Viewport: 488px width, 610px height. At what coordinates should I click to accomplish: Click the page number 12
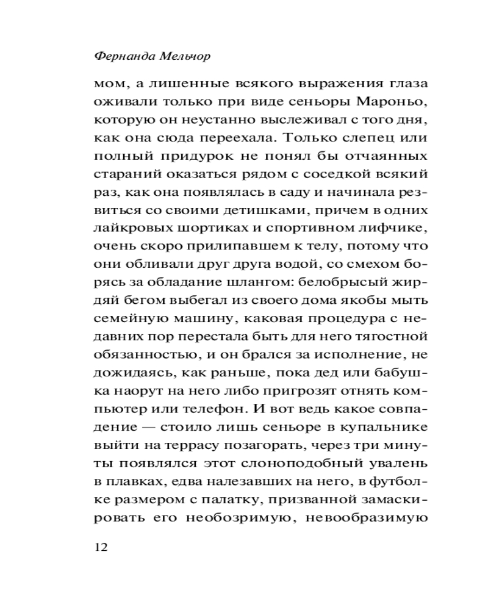click(101, 547)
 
